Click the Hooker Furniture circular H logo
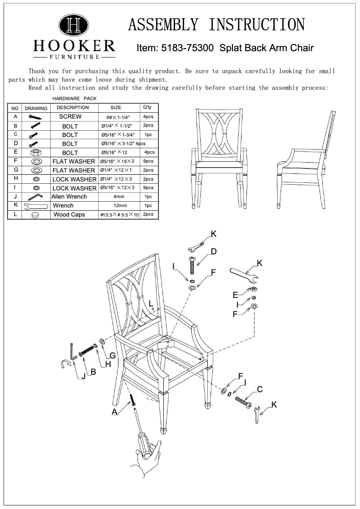(74, 25)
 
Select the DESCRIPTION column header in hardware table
(73, 108)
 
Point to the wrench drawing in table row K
(35, 206)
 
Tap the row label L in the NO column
(15, 215)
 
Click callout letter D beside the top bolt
(214, 252)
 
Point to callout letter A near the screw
(115, 411)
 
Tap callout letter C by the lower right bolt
(259, 389)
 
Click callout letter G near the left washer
(113, 356)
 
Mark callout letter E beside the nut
(235, 295)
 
